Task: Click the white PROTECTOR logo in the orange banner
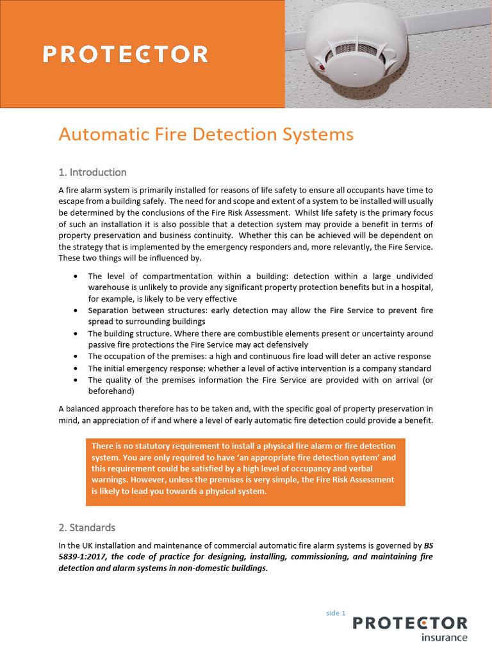tap(126, 54)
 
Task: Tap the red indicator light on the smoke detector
tap(320, 64)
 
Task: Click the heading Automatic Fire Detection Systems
tap(206, 135)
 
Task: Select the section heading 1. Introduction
tap(92, 172)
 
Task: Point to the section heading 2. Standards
tap(87, 527)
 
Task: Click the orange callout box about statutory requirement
tap(245, 469)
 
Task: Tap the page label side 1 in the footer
tap(335, 613)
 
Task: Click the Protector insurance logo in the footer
tap(410, 627)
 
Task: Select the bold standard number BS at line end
tap(429, 545)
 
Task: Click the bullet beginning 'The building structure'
tap(260, 339)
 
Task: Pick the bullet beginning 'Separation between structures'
tap(260, 316)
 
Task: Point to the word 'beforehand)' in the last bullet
tap(111, 391)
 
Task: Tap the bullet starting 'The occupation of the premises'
tap(259, 357)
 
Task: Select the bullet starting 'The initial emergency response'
tap(259, 368)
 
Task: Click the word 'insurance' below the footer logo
tap(444, 638)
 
